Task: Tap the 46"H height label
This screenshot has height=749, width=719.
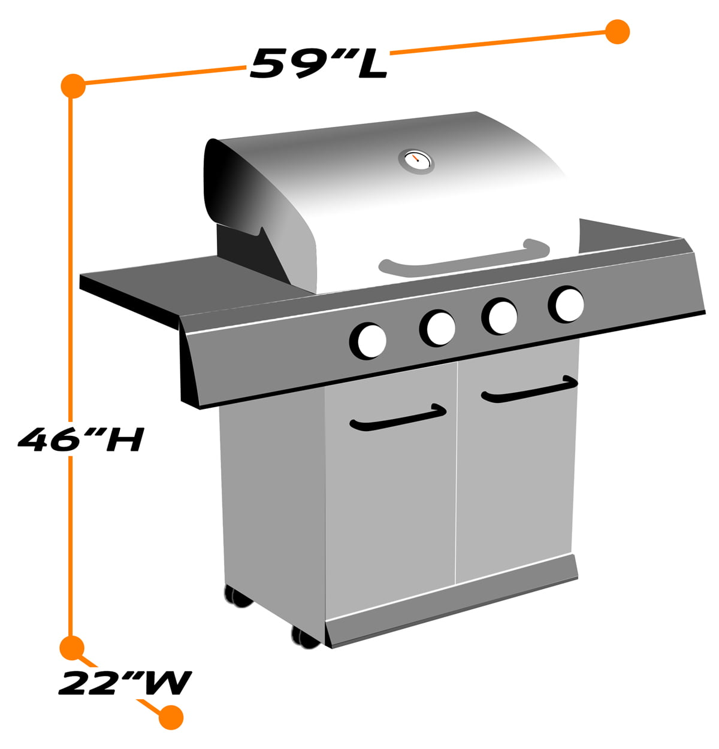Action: click(80, 439)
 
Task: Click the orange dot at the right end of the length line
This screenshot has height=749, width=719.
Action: click(617, 32)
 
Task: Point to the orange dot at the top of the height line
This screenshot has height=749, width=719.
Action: click(72, 86)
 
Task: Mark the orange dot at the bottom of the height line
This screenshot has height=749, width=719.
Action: click(72, 647)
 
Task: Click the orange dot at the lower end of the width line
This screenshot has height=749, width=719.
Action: click(171, 717)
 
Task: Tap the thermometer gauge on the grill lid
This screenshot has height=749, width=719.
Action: click(416, 160)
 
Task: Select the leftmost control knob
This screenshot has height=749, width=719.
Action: click(368, 341)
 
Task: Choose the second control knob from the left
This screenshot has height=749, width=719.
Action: click(438, 328)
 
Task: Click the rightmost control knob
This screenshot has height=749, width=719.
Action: click(566, 304)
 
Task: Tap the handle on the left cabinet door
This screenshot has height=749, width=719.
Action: click(398, 417)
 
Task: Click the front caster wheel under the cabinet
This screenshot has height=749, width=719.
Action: click(306, 636)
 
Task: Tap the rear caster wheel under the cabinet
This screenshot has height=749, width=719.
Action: click(238, 596)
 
